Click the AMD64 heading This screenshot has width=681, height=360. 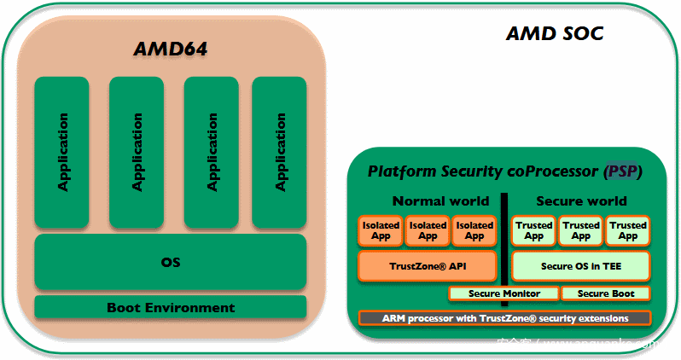pos(171,49)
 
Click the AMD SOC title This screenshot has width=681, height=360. pos(555,33)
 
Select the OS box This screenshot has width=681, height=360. pos(171,262)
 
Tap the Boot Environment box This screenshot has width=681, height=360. pos(171,307)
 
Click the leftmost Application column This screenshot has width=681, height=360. pos(62,152)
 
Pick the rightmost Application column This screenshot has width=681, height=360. pos(280,152)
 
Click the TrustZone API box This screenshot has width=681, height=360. pos(428,266)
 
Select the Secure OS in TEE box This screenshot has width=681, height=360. pos(581,266)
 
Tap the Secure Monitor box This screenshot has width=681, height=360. pos(503,293)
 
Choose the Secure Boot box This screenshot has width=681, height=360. pos(605,293)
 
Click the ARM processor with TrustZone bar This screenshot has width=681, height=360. pos(504,318)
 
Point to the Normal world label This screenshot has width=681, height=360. pos(440,201)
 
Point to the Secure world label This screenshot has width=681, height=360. pos(581,201)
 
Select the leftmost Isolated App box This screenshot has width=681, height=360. pos(381,230)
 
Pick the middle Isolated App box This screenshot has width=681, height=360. pos(428,230)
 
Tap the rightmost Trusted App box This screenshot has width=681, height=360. pos(628,230)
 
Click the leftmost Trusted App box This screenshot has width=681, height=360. pos(534,230)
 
